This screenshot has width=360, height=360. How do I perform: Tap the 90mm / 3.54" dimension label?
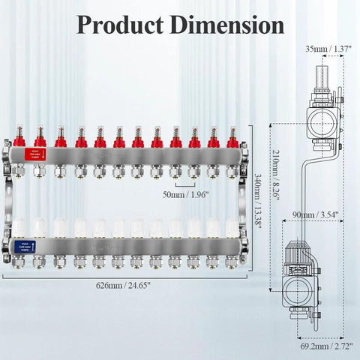point(319,214)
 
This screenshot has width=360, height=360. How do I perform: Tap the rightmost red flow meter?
point(232,136)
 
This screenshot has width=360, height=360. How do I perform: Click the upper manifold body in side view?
point(319,120)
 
